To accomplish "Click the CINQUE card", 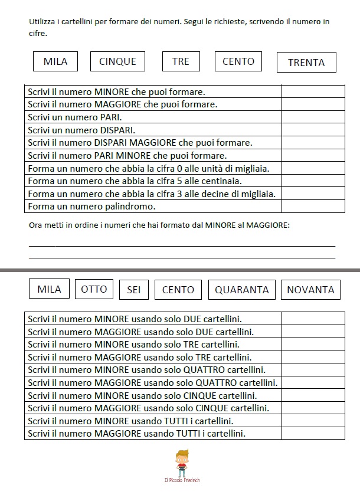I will coord(117,61).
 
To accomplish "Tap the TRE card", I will coord(181,61).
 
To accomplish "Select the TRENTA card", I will coord(306,63).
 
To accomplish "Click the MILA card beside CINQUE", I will coord(55,61).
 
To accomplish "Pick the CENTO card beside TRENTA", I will coord(238,61).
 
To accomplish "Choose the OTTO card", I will coord(94,289).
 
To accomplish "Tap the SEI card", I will coord(133,290).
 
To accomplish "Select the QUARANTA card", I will coord(241,290).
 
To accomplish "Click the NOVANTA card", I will coord(310,290).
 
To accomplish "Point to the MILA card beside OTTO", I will coord(49,289).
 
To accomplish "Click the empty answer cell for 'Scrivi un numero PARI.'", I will coord(313,117).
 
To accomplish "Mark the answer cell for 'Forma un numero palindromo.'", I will coord(313,207).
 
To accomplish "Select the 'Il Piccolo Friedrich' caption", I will coord(182,481).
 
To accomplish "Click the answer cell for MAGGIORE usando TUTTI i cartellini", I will coord(313,434).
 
